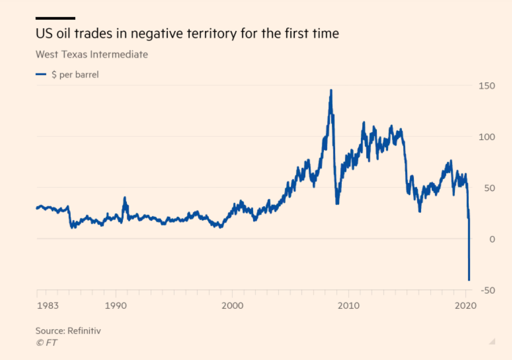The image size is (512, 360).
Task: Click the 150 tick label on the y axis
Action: point(486,85)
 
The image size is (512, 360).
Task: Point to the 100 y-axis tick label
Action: point(486,136)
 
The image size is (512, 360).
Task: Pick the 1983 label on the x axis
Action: point(47,306)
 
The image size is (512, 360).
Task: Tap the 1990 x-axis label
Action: point(116,306)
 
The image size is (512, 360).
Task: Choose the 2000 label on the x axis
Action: point(232,306)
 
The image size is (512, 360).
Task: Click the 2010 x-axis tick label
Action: point(348,306)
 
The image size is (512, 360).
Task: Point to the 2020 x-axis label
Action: point(465,306)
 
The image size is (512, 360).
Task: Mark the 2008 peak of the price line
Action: point(331,90)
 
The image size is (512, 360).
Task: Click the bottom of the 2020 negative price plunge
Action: point(469,279)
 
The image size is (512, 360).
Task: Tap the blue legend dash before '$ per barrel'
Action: point(40,74)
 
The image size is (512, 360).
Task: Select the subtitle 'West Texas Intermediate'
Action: point(92,54)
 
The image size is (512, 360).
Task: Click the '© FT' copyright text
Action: point(46,342)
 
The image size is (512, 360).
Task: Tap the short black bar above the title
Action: point(55,18)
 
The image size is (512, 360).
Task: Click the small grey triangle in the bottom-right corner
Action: point(492,340)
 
